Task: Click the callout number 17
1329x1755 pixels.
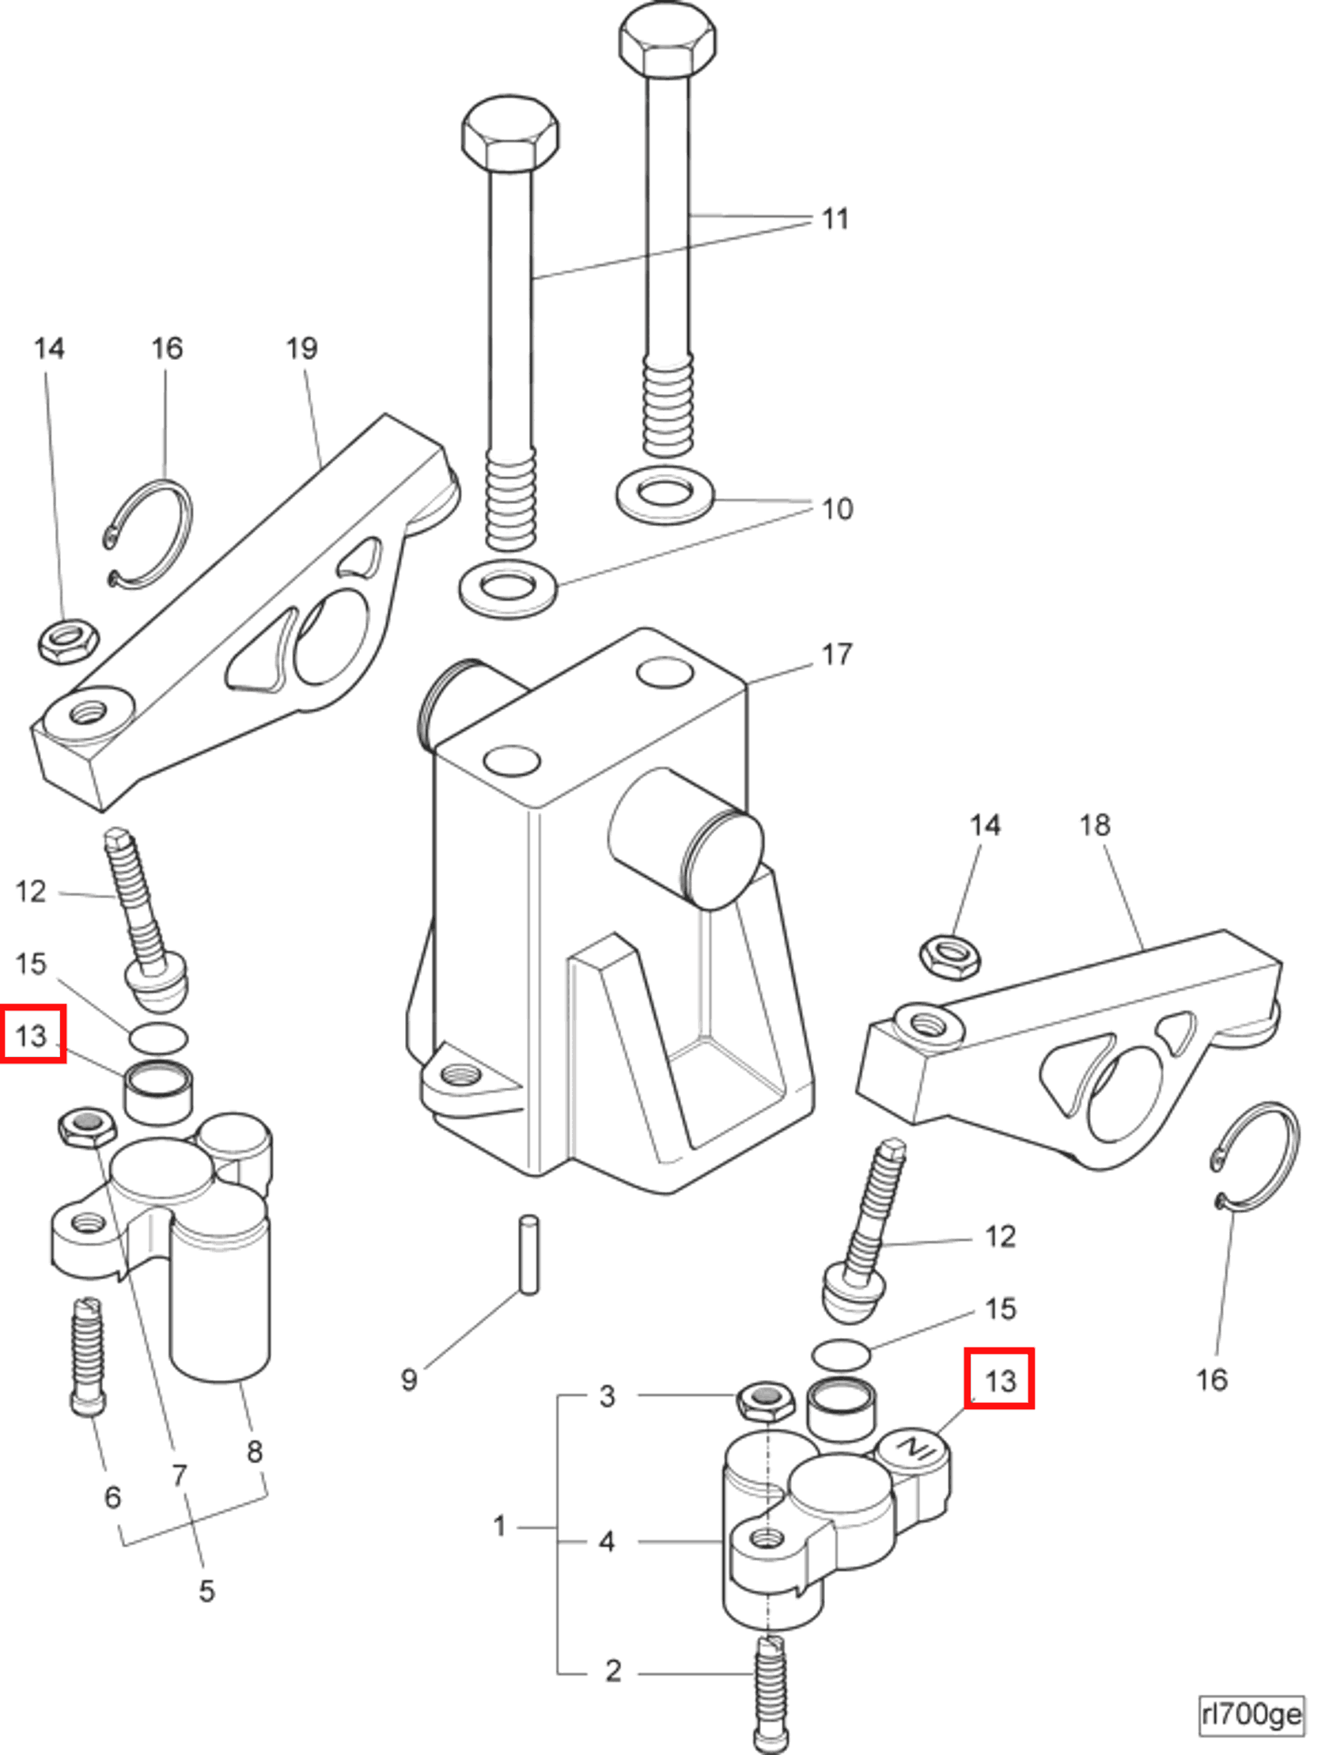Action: click(x=836, y=655)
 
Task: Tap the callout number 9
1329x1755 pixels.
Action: click(x=409, y=1380)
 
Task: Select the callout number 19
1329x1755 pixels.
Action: click(x=301, y=348)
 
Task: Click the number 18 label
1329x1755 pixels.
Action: click(x=1094, y=826)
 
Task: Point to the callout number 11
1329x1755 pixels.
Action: click(x=835, y=219)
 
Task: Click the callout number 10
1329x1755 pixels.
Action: click(x=837, y=509)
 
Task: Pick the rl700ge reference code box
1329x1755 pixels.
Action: click(x=1251, y=1715)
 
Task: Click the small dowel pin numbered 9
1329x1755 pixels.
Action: click(x=529, y=1254)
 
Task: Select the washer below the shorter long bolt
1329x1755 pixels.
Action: click(x=508, y=589)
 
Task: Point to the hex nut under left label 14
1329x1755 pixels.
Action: click(x=68, y=639)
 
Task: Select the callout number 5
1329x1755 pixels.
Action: click(x=206, y=1590)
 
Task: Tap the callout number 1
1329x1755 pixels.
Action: click(x=499, y=1526)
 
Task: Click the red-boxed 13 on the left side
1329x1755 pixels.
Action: click(x=32, y=1036)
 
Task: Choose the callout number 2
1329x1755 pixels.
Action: click(x=613, y=1672)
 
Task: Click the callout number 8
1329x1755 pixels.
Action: click(x=254, y=1452)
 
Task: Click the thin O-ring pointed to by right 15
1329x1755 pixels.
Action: click(x=840, y=1355)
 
